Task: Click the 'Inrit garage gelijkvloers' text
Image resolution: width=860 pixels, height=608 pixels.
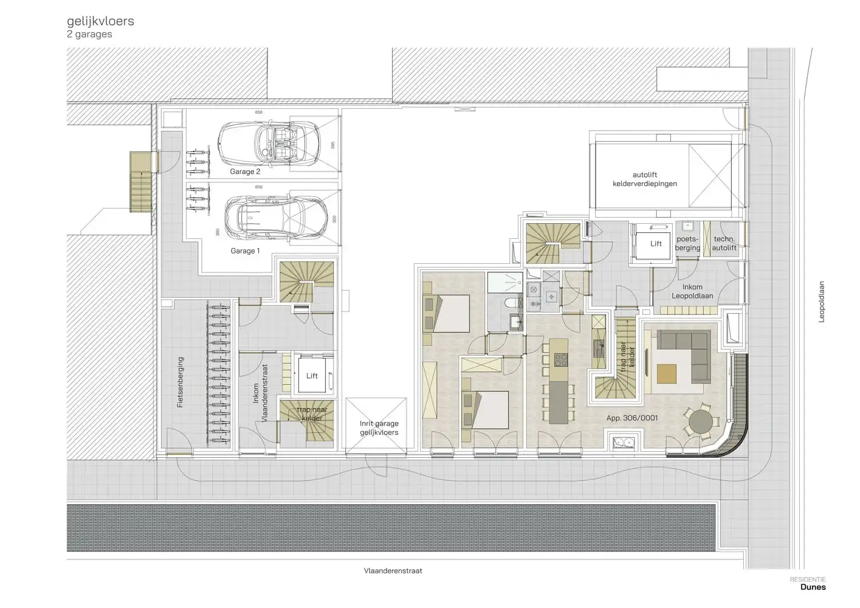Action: (379, 428)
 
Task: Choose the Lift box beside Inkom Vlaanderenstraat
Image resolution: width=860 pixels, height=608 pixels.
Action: (312, 376)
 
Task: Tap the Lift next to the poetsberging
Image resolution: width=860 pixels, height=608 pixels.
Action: (656, 243)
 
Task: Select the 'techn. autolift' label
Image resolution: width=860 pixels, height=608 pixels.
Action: (724, 243)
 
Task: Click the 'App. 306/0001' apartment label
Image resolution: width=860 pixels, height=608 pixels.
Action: (632, 418)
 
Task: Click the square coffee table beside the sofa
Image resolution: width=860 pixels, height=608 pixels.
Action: (666, 373)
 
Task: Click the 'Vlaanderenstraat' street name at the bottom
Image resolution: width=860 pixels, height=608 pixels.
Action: (393, 571)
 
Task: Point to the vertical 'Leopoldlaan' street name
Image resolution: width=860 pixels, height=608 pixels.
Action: (821, 302)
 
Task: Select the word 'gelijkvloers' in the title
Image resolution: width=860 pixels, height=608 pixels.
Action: (100, 21)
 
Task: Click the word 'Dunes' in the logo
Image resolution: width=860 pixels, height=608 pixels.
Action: (813, 587)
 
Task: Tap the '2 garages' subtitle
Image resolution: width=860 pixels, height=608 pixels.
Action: (89, 35)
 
